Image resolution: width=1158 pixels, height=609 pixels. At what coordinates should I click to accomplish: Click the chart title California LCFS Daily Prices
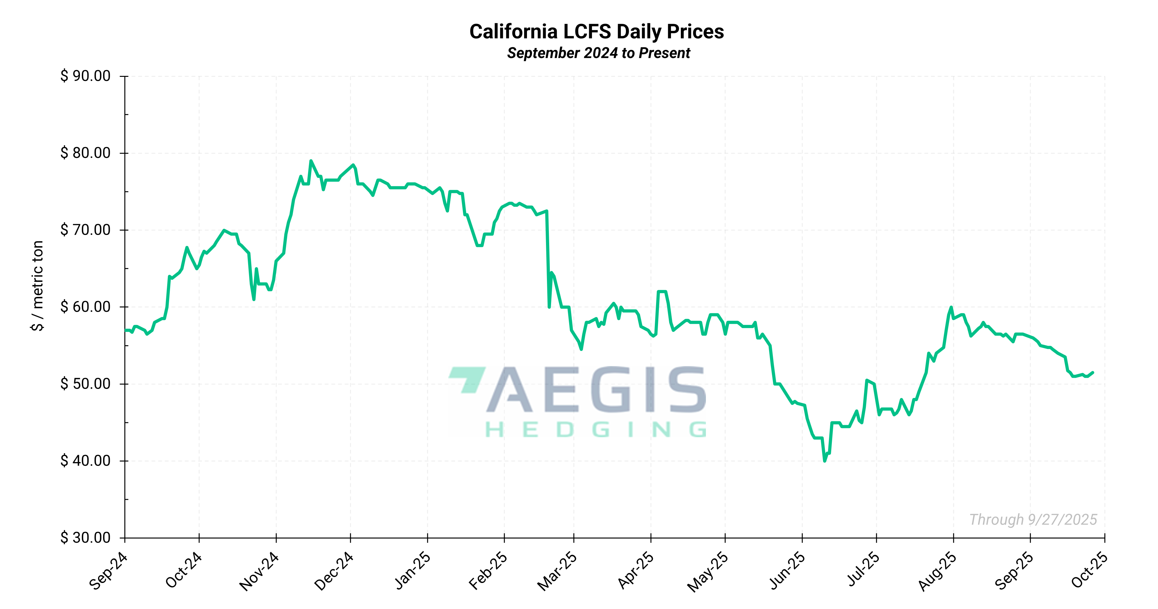596,31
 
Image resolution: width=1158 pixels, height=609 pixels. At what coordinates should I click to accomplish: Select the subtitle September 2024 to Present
598,53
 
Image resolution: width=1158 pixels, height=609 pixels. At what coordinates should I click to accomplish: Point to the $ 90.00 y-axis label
85,76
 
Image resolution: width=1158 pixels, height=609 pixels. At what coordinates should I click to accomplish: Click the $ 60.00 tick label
85,307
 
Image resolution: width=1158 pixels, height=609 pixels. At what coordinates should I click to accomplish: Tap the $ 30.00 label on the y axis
85,538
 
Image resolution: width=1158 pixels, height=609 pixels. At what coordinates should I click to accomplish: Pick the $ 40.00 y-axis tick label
85,461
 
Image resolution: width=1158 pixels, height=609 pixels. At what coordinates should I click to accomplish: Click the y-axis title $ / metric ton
38,286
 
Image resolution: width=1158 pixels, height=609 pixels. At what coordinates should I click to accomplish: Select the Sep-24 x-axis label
108,571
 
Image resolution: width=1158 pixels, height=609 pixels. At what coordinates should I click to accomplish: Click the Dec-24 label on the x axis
333,571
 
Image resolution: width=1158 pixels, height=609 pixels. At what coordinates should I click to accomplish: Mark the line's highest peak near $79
311,161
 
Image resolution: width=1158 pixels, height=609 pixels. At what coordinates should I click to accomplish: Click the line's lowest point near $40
825,461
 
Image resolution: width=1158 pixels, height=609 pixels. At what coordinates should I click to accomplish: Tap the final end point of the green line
1093,372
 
